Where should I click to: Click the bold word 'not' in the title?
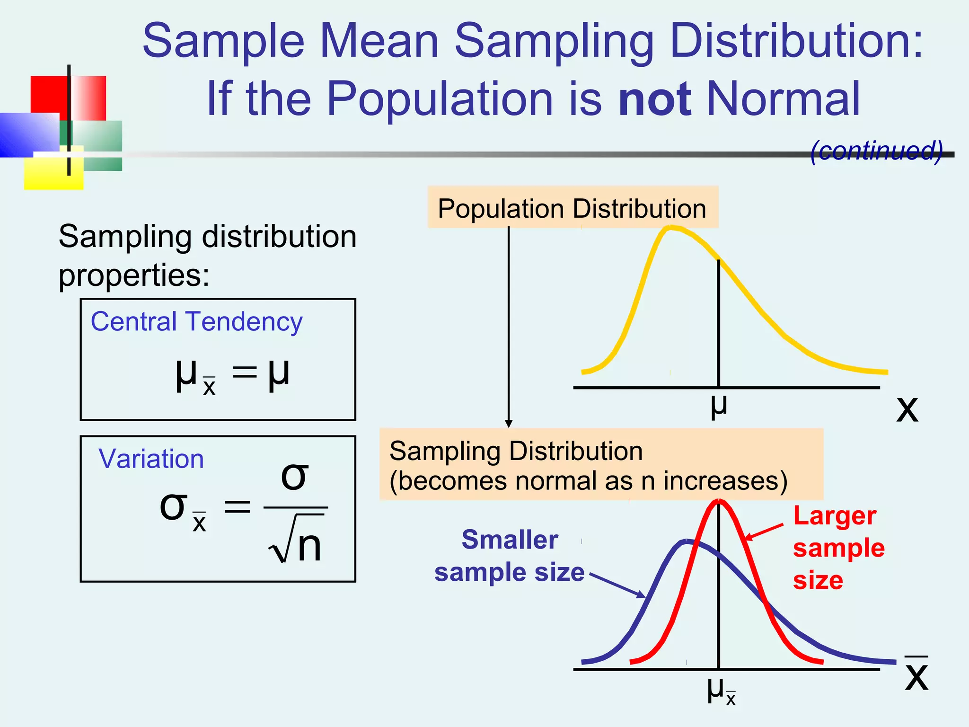655,99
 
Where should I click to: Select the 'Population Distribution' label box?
573,208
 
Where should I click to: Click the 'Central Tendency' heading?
196,322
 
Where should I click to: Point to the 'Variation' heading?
151,459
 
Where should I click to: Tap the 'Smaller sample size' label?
510,556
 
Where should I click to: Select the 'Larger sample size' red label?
838,548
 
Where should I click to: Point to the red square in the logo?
49,94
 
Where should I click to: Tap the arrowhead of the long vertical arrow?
509,423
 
